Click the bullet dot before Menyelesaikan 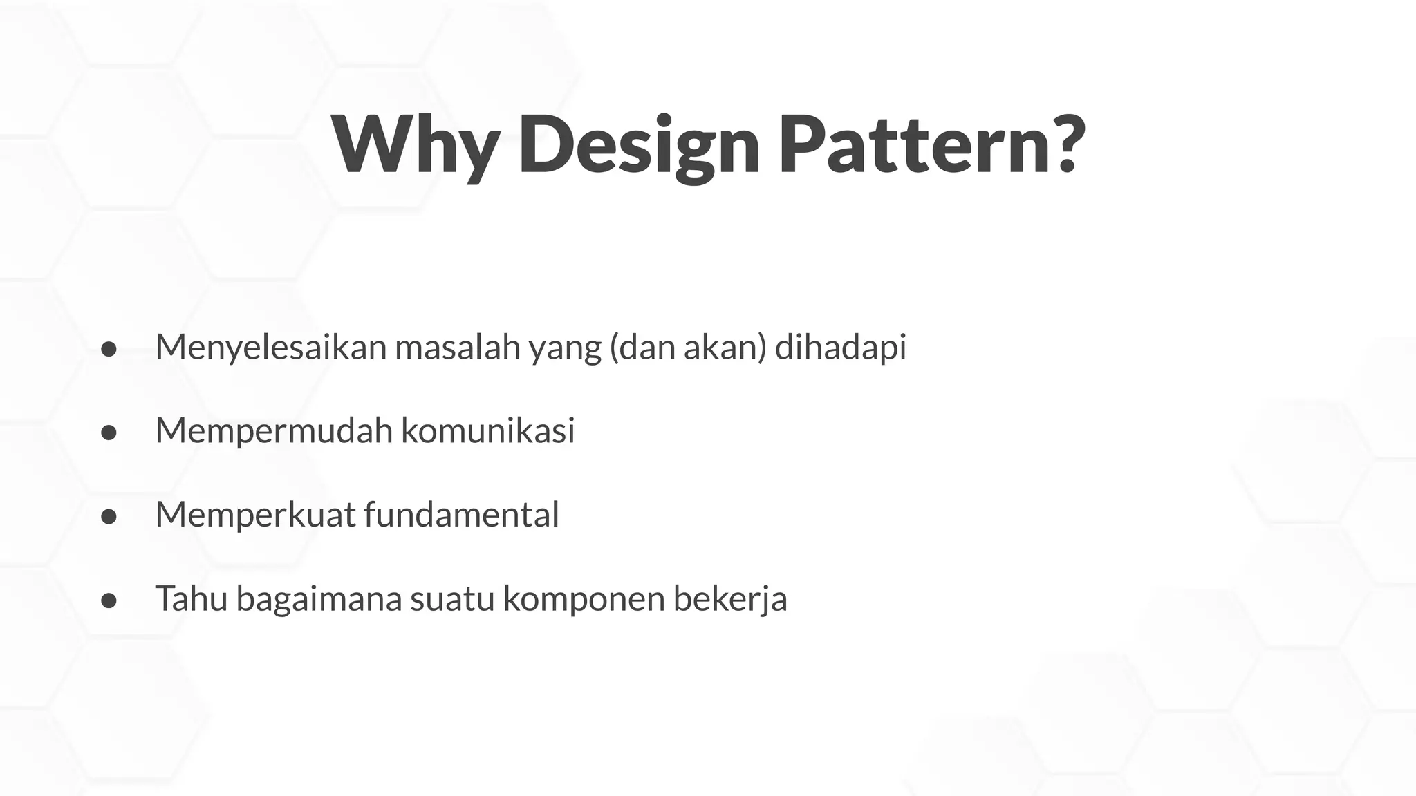(x=109, y=349)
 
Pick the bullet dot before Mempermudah (x=109, y=433)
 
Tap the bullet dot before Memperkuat (x=109, y=516)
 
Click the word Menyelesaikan (x=270, y=348)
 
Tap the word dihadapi (x=840, y=348)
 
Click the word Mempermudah (x=274, y=431)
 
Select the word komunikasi (x=487, y=431)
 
